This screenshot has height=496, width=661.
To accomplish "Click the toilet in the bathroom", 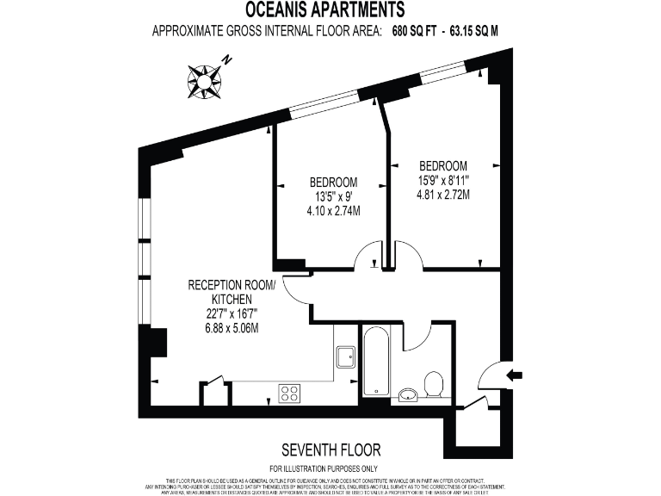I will click(435, 384).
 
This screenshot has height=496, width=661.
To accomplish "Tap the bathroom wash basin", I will click(408, 395).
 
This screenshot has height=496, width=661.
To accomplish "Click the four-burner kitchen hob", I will click(289, 394).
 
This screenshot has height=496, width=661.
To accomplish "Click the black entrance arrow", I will click(515, 375).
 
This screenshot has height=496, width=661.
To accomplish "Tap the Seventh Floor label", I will click(330, 449).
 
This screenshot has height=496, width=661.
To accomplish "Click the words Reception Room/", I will click(232, 285).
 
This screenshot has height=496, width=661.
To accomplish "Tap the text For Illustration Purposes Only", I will click(330, 467).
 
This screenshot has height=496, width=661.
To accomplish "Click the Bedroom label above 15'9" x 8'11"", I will click(443, 165).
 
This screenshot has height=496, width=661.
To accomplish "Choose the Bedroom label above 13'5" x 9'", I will click(333, 182).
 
